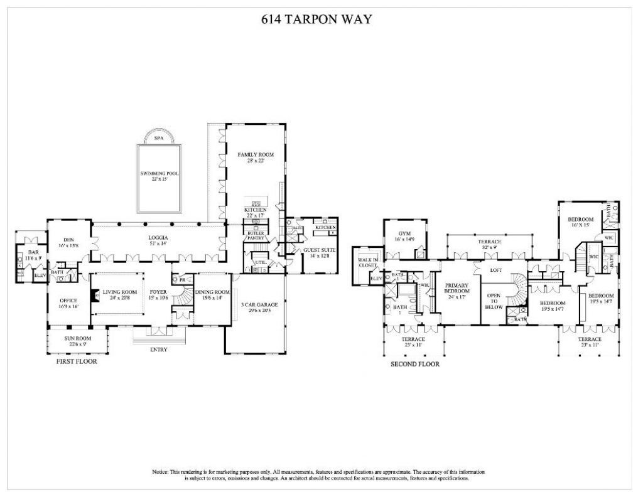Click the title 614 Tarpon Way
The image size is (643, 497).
tap(316, 19)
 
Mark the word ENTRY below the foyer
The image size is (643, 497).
tap(158, 350)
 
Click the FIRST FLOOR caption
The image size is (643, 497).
tap(76, 362)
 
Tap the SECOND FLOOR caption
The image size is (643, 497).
tap(414, 364)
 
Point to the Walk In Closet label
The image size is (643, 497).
tap(366, 262)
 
